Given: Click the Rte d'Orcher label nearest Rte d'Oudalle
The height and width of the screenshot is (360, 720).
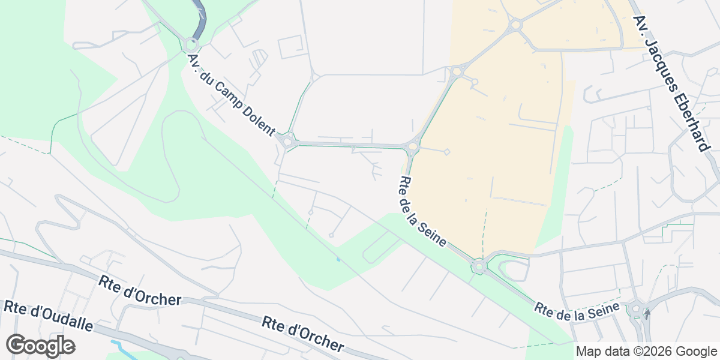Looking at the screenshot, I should click(140, 290).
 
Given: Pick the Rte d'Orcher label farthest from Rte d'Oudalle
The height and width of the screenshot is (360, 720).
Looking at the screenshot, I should click(303, 334).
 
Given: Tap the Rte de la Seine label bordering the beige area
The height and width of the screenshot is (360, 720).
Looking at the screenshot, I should click(423, 211).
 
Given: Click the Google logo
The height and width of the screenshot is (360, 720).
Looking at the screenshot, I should click(41, 346).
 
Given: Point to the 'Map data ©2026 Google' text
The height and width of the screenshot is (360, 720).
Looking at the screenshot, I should click(646, 352).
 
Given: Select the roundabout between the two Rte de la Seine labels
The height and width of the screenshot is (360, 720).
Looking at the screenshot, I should click(479, 265).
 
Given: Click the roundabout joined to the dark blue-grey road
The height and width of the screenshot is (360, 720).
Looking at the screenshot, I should click(191, 45).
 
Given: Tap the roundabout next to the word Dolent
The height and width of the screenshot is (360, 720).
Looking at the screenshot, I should click(288, 142).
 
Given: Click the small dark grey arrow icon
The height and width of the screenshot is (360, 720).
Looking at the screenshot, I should click(647, 312).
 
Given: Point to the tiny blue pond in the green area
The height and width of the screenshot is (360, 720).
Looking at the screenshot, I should click(338, 259).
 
